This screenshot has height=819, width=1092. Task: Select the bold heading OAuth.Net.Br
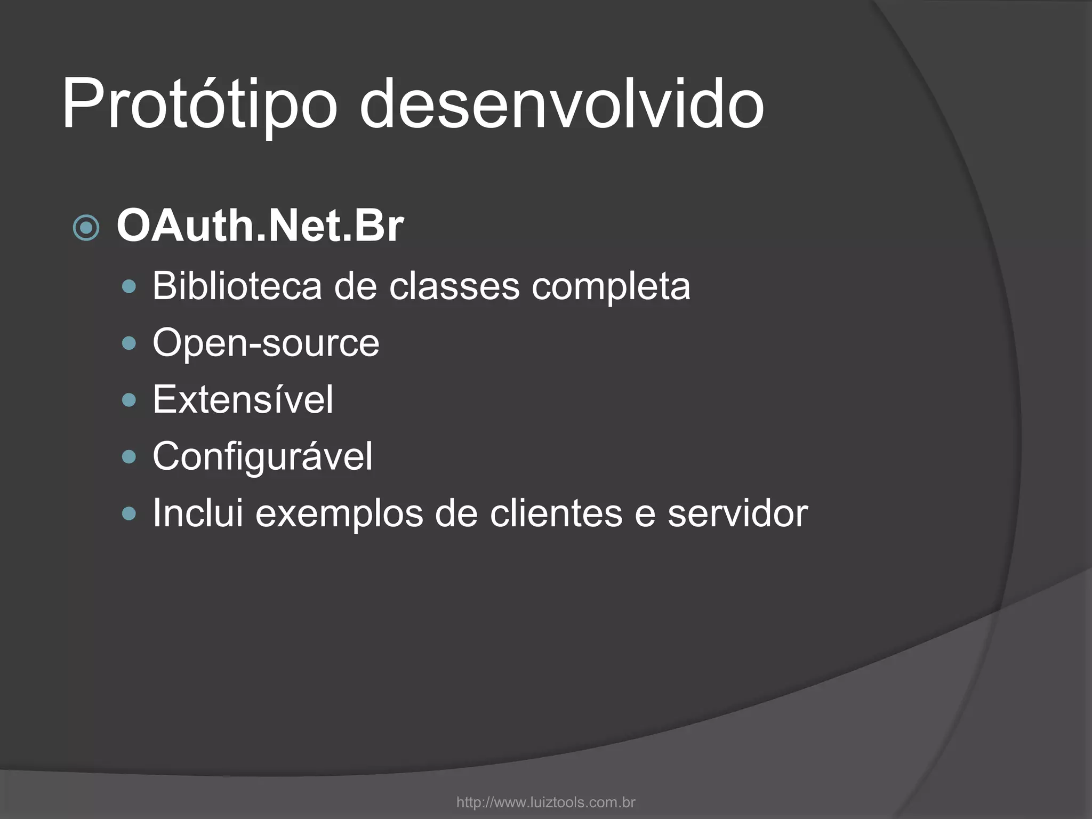260,227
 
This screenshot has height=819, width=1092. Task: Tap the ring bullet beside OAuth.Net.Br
86,228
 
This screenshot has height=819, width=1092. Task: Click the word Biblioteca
237,286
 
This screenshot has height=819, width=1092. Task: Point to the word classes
454,286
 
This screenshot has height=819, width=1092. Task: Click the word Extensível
243,399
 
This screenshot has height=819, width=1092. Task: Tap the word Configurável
263,457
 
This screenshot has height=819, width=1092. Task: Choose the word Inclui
198,513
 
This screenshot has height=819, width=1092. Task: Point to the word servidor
737,513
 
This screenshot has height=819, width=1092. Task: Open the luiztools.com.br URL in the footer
546,802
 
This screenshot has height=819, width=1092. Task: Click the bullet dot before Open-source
129,344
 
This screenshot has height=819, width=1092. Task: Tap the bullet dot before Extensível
129,400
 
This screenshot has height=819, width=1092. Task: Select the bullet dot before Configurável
129,457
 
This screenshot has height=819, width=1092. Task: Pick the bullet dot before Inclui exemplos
129,514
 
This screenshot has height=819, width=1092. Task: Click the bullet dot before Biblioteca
129,287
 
